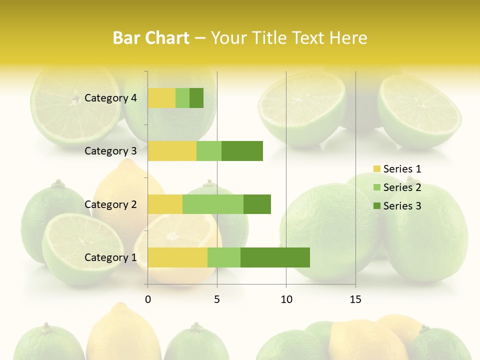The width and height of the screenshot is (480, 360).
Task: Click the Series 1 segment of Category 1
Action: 177,257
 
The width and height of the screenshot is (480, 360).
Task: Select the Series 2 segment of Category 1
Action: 224,257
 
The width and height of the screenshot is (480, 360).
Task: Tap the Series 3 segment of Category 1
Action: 275,257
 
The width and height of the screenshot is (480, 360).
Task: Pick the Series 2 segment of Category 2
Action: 213,204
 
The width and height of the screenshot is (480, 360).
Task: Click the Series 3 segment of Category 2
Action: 257,204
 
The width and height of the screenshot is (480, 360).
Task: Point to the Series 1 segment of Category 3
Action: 172,151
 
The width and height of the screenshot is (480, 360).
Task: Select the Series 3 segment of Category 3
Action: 242,151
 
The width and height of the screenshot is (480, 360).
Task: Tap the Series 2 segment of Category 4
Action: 182,98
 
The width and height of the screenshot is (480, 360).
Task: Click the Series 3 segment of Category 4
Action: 196,98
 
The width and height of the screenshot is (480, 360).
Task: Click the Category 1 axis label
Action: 110,257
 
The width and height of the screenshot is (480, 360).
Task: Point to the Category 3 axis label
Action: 110,151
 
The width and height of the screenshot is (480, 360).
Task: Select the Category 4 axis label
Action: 110,98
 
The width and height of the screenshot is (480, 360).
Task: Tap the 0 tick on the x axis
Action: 148,299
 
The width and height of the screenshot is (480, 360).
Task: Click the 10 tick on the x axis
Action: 286,299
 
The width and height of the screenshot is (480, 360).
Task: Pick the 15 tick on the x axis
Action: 355,299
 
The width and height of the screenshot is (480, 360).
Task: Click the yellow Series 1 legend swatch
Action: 376,169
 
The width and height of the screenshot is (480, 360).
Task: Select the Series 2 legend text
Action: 402,187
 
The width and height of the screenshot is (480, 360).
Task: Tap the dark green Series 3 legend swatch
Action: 376,206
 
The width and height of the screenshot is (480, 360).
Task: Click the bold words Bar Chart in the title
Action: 151,38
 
